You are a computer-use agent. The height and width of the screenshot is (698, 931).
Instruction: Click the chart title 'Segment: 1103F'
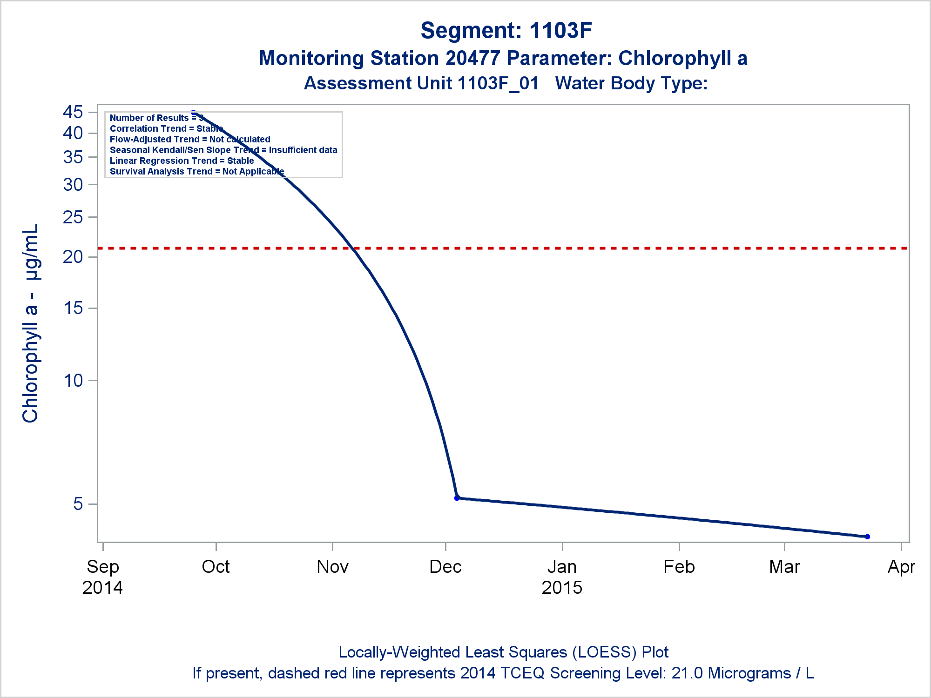[x=506, y=31]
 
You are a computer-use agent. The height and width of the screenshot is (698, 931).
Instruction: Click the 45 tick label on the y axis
[x=73, y=112]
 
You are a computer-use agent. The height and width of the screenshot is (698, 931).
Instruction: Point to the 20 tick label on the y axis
[x=73, y=257]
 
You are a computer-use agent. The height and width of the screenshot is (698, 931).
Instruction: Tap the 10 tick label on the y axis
[x=73, y=381]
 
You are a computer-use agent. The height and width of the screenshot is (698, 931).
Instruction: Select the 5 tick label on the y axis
[x=78, y=504]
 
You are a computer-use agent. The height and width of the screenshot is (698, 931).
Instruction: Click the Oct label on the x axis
[x=216, y=567]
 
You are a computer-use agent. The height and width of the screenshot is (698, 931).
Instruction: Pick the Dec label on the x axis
[x=445, y=567]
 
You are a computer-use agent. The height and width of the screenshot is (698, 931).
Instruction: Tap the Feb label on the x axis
[x=679, y=567]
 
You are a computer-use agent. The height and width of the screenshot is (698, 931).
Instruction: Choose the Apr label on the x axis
[x=902, y=567]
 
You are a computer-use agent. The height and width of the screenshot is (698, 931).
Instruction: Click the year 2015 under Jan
[x=562, y=588]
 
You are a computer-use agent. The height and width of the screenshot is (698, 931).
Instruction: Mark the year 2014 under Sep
[x=102, y=588]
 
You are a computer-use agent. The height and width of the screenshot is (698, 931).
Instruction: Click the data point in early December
[x=457, y=498]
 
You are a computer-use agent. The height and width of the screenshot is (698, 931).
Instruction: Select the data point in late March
[x=867, y=537]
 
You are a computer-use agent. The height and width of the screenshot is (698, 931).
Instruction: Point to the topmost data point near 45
[x=194, y=113]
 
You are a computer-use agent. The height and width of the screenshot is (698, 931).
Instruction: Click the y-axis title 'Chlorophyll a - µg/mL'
[x=31, y=323]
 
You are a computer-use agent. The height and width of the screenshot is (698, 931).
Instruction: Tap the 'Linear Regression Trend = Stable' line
[x=182, y=161]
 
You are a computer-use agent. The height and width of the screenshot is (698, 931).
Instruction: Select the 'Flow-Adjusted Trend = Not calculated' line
[x=190, y=139]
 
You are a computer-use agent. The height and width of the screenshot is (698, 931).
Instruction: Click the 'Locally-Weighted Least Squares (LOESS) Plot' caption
[x=503, y=652]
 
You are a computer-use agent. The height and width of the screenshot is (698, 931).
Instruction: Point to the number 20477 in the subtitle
[x=472, y=59]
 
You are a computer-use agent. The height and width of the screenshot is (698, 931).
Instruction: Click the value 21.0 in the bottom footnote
[x=688, y=673]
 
